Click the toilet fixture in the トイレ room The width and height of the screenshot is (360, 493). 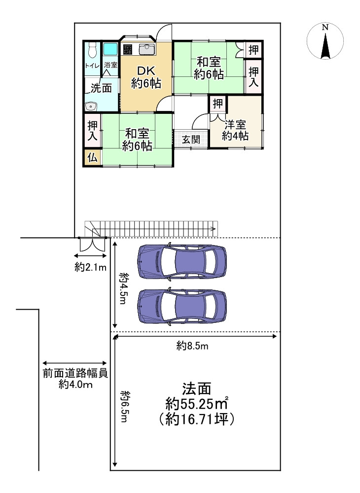pos(92,50)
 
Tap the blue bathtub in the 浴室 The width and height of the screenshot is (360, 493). pos(110,49)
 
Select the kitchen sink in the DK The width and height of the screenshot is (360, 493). pos(146,49)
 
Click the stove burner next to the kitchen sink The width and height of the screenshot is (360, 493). pos(128,49)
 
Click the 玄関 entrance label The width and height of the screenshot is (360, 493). pos(191,139)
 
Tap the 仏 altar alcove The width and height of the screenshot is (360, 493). pos(92,158)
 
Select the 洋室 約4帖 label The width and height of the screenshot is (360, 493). pos(235,130)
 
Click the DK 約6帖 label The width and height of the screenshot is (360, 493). pos(146,77)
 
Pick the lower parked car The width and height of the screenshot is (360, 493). pos(182,306)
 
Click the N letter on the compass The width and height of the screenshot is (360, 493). pos(325,27)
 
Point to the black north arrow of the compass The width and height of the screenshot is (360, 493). pos(325,46)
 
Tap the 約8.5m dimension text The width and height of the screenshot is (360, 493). pos(192,347)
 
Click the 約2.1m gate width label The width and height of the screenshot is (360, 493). pos(91,268)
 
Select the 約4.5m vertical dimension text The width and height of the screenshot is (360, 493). pos(123,288)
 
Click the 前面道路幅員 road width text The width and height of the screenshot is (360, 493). pos(75,373)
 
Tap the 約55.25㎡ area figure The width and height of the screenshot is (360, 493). pos(197,404)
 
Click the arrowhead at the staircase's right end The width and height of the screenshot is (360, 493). pos(214,229)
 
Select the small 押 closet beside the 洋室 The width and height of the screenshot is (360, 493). pos(218,103)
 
